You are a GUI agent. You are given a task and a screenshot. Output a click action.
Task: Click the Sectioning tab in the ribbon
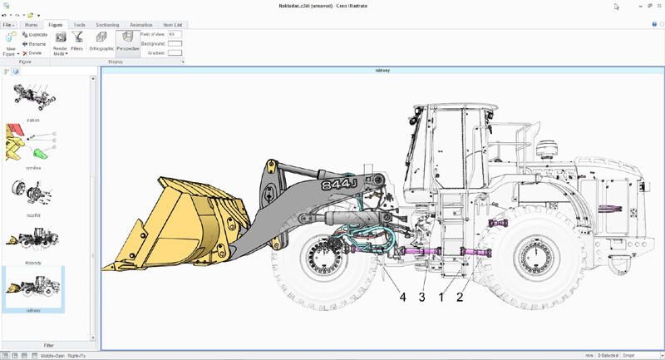pos(107,25)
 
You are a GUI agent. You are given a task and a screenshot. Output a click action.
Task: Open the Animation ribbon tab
pos(140,25)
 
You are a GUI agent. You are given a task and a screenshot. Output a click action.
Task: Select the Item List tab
pos(172,25)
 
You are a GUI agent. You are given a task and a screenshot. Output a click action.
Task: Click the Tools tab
pos(79,25)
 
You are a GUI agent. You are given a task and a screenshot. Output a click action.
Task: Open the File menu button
pos(8,25)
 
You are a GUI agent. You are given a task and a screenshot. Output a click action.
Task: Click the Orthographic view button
pos(101,41)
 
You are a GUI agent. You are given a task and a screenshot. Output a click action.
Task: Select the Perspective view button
pos(127,41)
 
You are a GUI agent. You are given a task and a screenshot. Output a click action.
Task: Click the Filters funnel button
pos(76,41)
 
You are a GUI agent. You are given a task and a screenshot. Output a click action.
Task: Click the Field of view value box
pos(175,34)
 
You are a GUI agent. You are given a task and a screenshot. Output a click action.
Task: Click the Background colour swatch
pos(175,43)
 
